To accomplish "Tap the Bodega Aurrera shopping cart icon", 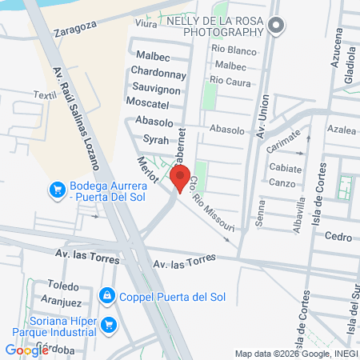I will [57, 190].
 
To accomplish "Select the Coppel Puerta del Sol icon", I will [106, 297].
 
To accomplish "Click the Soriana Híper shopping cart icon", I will [109, 325].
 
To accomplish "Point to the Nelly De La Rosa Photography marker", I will [276, 25].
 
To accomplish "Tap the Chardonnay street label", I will [158, 74].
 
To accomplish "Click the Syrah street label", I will [155, 139].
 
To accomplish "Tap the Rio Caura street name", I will [230, 79].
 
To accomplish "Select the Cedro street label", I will [338, 236].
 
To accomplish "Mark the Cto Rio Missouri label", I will [213, 206].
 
